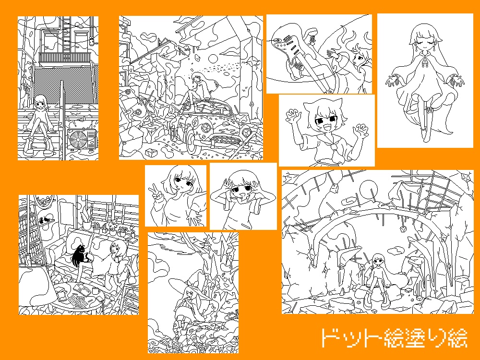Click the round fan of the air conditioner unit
[x=79, y=140]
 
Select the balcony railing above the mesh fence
[x=65, y=58]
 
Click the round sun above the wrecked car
[x=213, y=59]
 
